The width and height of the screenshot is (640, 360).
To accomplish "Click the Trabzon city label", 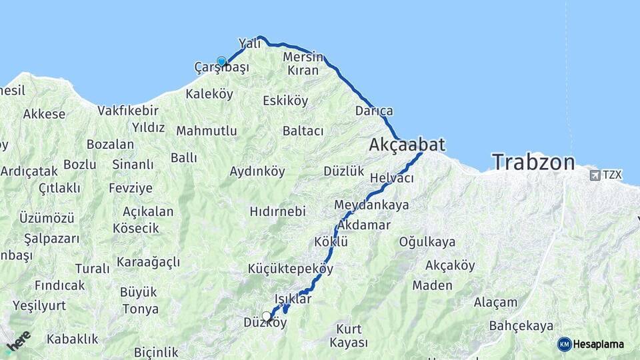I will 533,162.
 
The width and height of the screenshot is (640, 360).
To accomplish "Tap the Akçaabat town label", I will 407,145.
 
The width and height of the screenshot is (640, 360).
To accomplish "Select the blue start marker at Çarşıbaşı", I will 221,61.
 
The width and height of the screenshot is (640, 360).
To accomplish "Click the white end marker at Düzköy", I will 267,316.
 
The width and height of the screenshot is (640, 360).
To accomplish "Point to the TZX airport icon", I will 594,175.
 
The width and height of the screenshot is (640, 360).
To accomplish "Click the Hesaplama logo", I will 591,344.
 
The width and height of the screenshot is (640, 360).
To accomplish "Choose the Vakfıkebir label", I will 128,111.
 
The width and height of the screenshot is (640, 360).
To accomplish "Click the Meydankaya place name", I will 371,205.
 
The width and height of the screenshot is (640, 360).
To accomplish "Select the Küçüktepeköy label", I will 290,268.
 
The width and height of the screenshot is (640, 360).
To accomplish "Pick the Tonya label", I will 141,309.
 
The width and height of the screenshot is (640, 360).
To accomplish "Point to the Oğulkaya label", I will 427,242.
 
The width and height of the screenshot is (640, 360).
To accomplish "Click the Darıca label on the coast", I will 374,111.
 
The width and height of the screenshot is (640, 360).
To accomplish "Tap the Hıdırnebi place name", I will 277,211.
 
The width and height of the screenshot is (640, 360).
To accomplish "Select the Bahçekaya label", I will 521,326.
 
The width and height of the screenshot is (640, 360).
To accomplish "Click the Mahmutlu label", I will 207,131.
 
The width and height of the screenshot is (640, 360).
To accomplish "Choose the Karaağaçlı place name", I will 148,262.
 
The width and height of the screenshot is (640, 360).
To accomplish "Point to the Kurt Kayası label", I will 349,336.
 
